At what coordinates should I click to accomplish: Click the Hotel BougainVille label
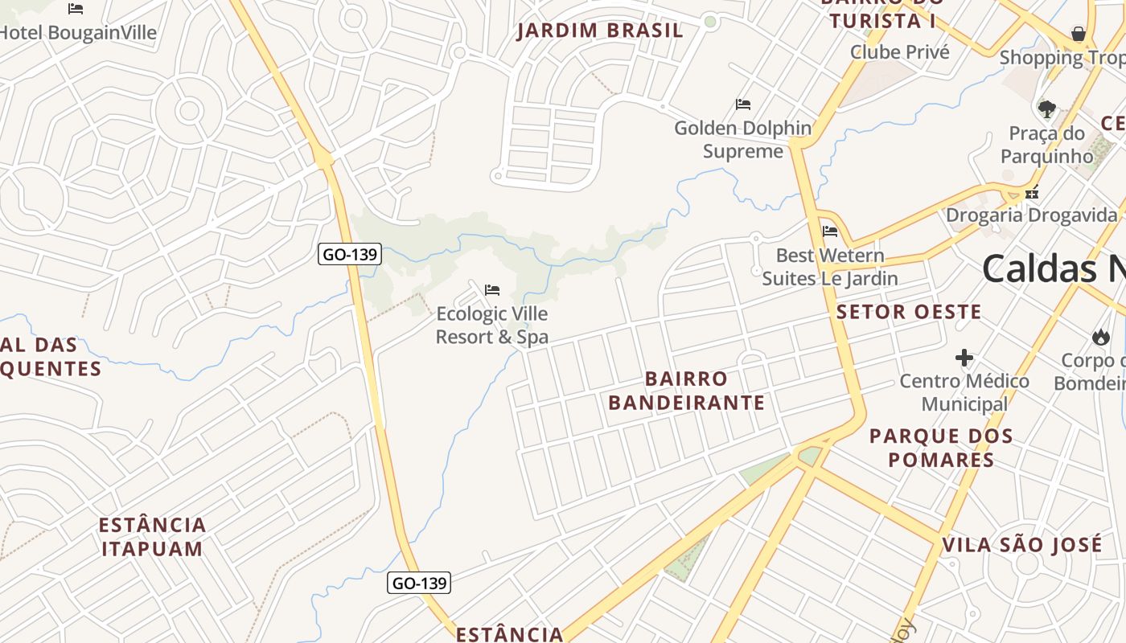(78, 33)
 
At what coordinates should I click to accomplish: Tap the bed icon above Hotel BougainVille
(76, 9)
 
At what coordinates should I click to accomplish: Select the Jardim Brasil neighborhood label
(600, 31)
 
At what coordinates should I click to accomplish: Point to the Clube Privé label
(900, 52)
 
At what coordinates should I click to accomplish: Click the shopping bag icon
(1079, 34)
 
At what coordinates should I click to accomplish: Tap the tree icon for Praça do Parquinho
(1046, 109)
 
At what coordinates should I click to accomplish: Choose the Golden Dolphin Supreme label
(743, 140)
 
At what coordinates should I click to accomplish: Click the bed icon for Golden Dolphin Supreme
(743, 104)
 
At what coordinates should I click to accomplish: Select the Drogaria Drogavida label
(1032, 215)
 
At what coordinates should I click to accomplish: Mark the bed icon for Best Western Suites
(830, 231)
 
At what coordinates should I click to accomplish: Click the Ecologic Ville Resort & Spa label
(492, 325)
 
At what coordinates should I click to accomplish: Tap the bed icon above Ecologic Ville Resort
(492, 289)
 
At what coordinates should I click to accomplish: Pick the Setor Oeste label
(909, 312)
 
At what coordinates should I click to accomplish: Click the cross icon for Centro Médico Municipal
(964, 358)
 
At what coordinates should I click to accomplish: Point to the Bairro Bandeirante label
(686, 391)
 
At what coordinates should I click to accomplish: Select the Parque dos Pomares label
(941, 448)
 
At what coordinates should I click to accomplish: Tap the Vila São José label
(1021, 545)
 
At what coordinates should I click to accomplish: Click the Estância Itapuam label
(152, 537)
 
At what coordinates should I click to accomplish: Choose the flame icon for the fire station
(1100, 337)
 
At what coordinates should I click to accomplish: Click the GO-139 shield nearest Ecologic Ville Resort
(350, 255)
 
